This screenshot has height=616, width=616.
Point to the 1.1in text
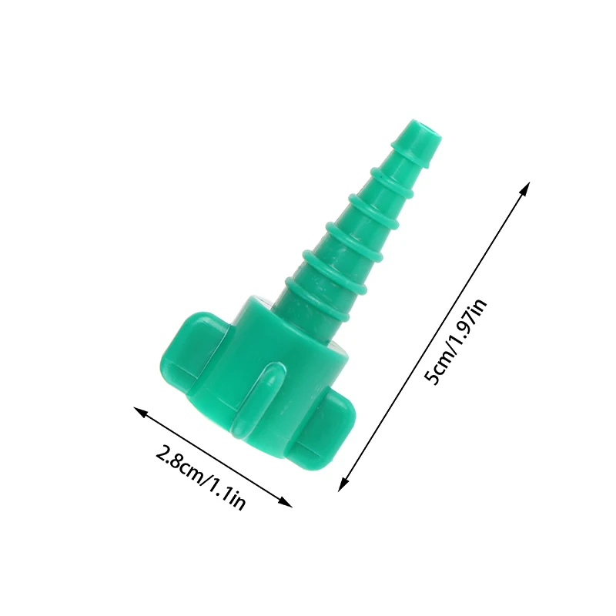(x=227, y=494)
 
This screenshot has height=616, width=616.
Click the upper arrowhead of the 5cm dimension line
(x=527, y=186)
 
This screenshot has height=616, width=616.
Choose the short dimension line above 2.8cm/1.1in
(x=213, y=457)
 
